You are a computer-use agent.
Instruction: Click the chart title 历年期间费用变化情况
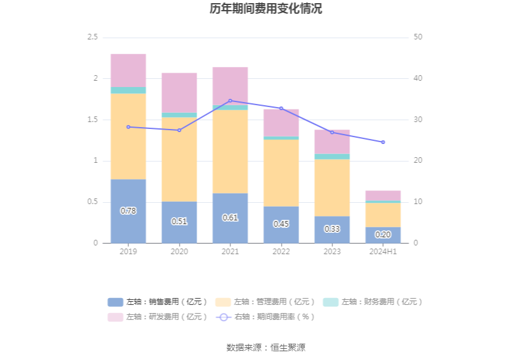[266, 9]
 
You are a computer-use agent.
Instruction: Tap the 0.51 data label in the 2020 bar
[179, 221]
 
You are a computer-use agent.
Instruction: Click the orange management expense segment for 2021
[230, 152]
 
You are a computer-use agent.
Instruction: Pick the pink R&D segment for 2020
[179, 93]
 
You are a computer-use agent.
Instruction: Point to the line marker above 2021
[230, 101]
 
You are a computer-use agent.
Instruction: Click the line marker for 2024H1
[383, 142]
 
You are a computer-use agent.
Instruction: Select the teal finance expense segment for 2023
[332, 157]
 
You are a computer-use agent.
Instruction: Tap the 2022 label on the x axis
[281, 251]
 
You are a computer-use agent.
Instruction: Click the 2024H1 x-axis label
[383, 251]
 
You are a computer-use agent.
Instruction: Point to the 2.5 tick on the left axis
[92, 38]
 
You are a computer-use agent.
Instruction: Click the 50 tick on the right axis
[418, 38]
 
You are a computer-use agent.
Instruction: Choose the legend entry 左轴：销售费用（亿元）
[158, 302]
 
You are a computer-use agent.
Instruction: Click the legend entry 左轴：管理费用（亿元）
[265, 302]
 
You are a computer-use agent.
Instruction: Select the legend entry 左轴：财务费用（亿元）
[373, 302]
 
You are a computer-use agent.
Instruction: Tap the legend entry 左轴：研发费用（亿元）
[158, 317]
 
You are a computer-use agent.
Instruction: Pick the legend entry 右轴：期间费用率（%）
[265, 317]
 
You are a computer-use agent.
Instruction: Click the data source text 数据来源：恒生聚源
[266, 347]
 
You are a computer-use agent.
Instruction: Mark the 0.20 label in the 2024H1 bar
[383, 234]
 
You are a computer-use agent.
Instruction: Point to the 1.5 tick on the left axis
[92, 120]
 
